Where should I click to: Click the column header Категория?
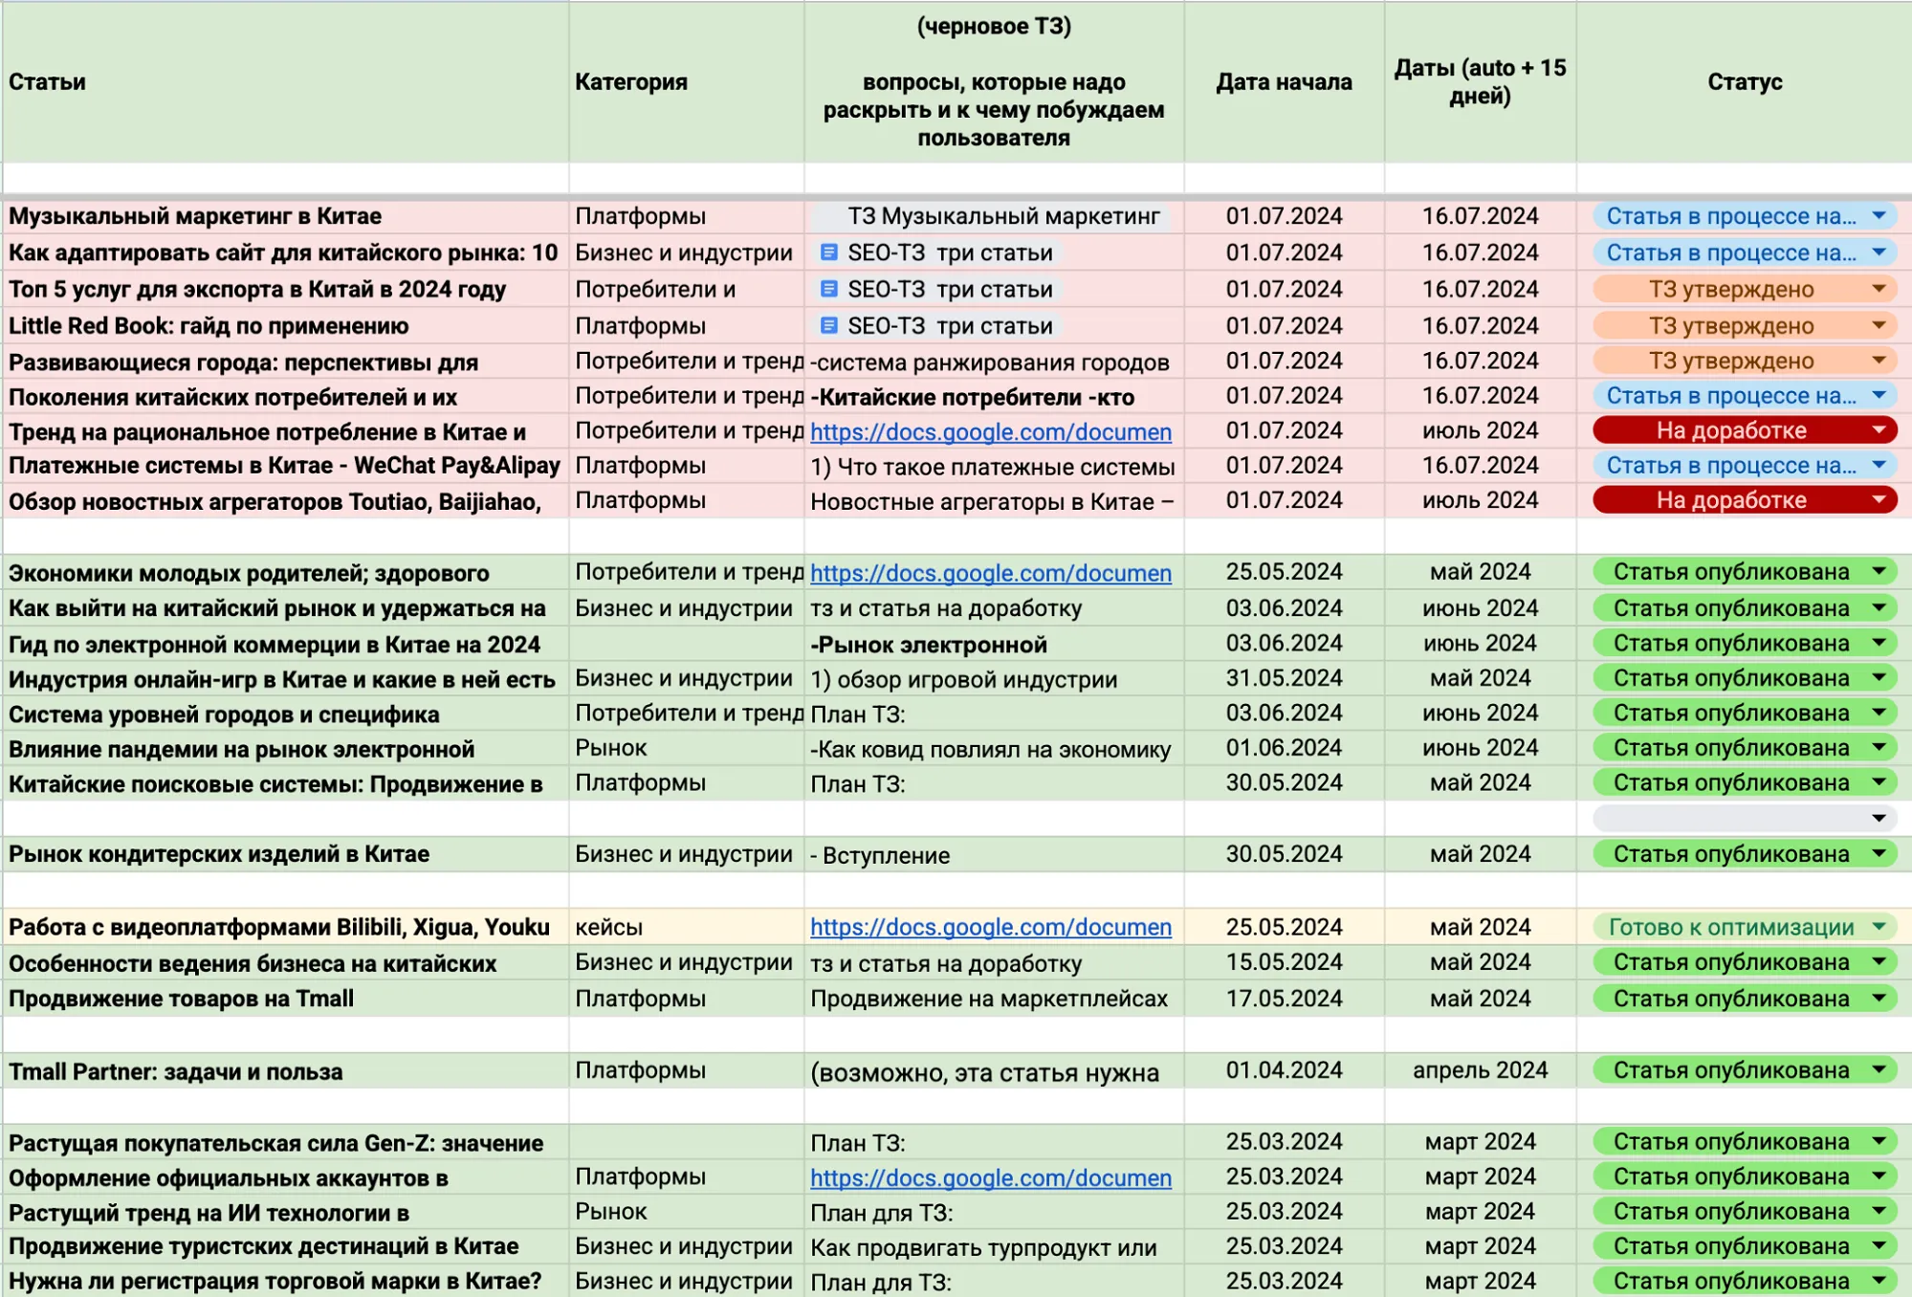click(x=631, y=82)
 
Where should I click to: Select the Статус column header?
click(x=1745, y=82)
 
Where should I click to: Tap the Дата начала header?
click(x=1284, y=82)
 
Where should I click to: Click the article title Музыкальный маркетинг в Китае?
click(x=195, y=217)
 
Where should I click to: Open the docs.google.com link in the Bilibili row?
click(x=990, y=927)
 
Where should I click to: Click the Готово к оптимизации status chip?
click(x=1731, y=927)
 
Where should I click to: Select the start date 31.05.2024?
click(x=1284, y=678)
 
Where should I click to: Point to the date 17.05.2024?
click(x=1284, y=999)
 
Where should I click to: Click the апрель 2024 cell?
click(x=1480, y=1070)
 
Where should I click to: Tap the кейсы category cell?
click(x=609, y=927)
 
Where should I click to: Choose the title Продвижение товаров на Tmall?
click(x=182, y=999)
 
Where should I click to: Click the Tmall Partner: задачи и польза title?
click(x=176, y=1071)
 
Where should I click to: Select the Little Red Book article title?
click(x=209, y=326)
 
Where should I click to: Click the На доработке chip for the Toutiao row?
click(x=1731, y=500)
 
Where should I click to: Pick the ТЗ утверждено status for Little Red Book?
click(x=1731, y=326)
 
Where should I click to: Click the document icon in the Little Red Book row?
click(x=829, y=326)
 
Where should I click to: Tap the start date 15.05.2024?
click(x=1284, y=962)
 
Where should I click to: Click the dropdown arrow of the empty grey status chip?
click(x=1879, y=818)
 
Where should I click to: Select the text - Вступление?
click(x=880, y=855)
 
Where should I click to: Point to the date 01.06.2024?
click(x=1284, y=748)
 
